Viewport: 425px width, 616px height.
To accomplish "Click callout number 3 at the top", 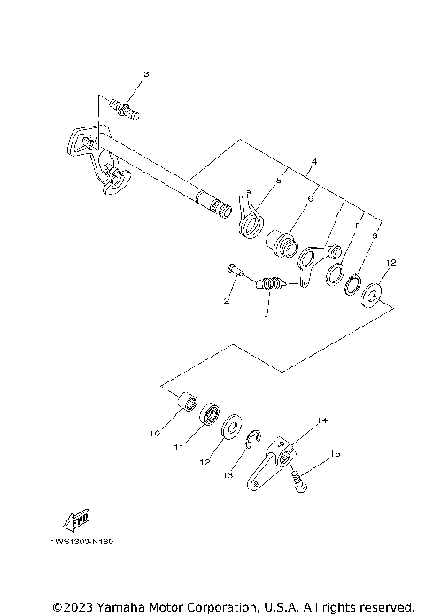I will point(146,73).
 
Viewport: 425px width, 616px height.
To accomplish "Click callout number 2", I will point(226,302).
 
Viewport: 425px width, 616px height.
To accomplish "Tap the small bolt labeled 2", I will point(233,268).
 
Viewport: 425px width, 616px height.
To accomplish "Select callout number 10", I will point(154,434).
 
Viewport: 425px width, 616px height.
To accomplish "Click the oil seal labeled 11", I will point(211,414).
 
